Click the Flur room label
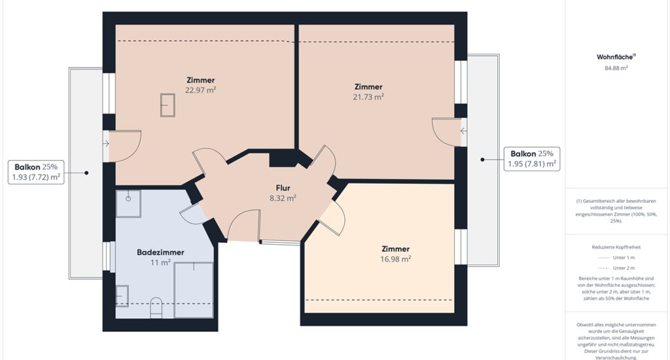[283, 188]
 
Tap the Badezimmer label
[160, 252]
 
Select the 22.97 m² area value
[200, 90]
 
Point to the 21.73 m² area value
[368, 97]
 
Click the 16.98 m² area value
[396, 259]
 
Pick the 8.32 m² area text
[283, 198]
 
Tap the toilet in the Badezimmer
[156, 308]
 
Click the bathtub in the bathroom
[194, 290]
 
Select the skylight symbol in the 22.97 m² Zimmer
[167, 105]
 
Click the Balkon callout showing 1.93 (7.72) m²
[36, 172]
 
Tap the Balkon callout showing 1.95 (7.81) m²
[532, 159]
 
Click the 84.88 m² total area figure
[616, 68]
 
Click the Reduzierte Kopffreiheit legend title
[616, 247]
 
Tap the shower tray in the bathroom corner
[129, 204]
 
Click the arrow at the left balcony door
[106, 143]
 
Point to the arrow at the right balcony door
[464, 132]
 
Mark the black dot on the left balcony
[86, 173]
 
